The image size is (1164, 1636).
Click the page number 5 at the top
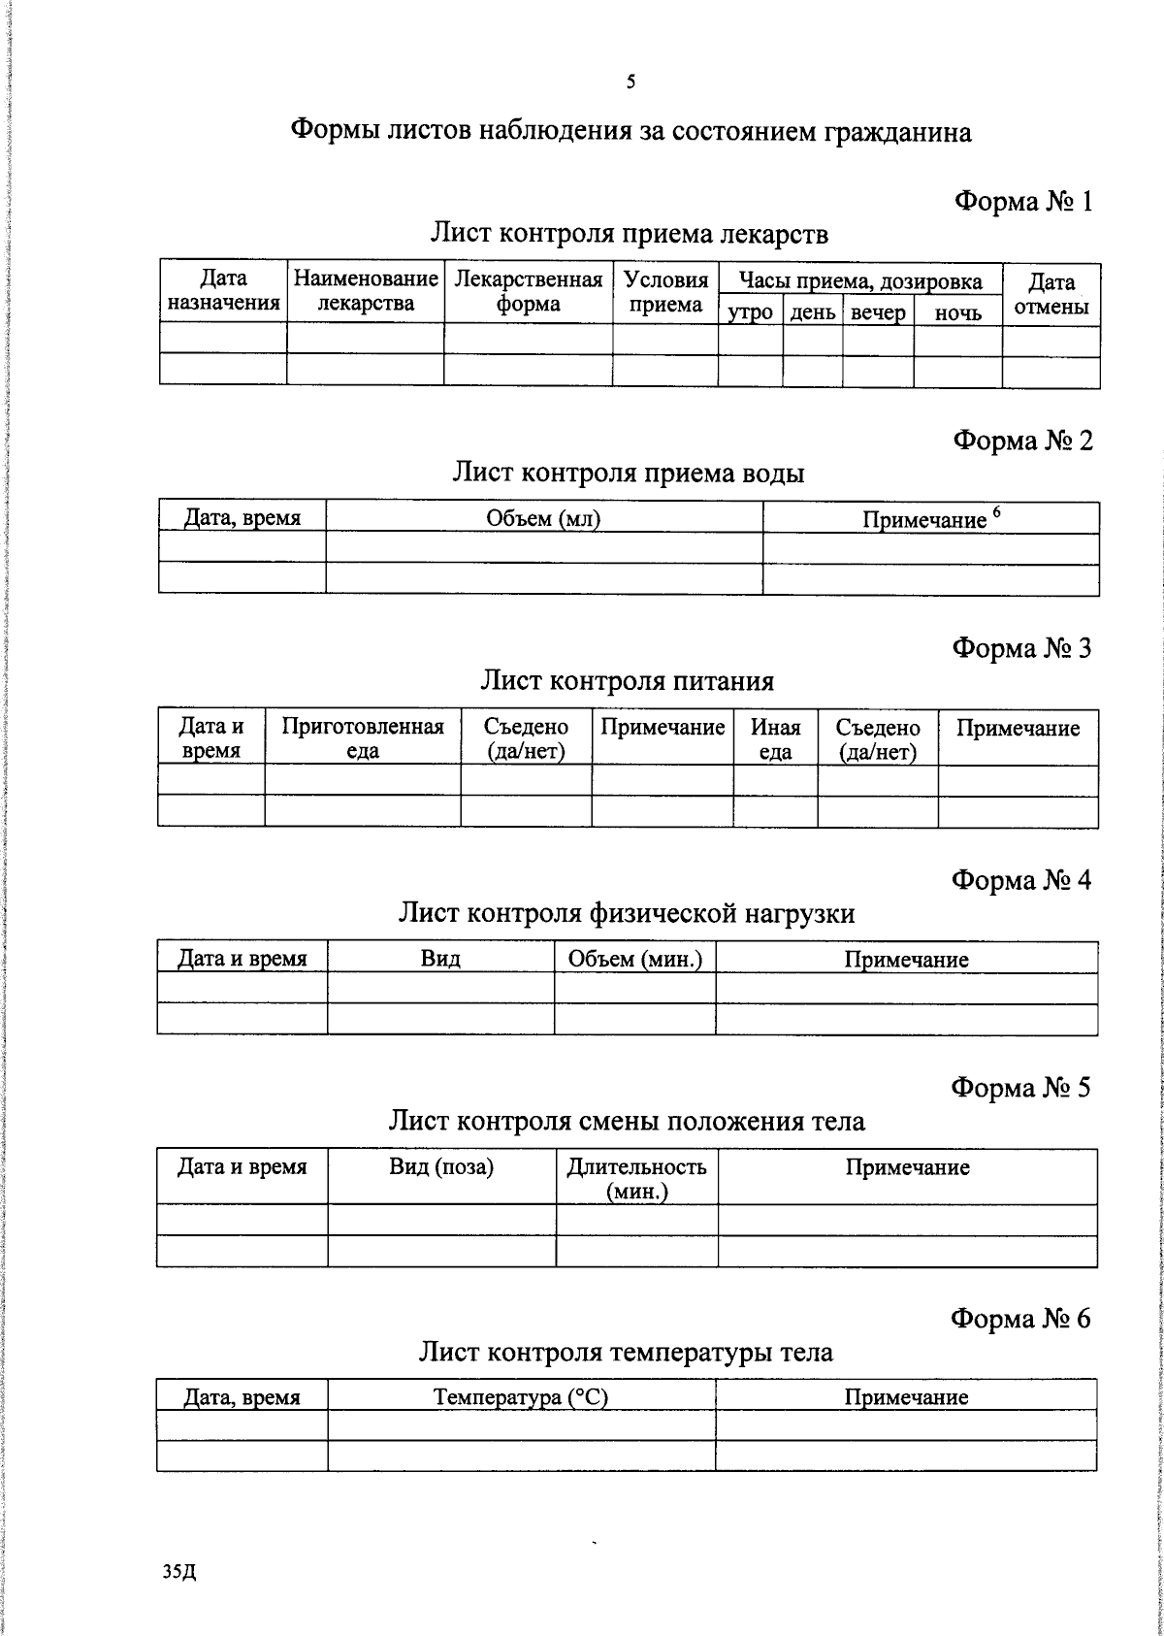click(x=630, y=82)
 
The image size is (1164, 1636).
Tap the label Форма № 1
click(x=1023, y=202)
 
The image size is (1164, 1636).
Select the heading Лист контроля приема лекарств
click(x=630, y=234)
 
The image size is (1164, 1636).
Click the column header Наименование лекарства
click(x=366, y=291)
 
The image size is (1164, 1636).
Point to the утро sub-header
click(x=750, y=312)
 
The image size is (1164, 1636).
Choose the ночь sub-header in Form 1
click(x=957, y=312)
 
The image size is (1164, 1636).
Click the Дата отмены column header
click(x=1051, y=294)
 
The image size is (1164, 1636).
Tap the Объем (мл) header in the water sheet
click(x=543, y=518)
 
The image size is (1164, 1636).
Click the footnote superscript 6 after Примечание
click(x=995, y=512)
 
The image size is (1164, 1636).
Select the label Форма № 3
click(x=1021, y=648)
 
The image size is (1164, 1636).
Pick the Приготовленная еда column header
click(x=362, y=739)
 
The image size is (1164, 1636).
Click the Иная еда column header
click(x=775, y=739)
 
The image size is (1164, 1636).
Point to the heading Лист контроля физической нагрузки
click(x=627, y=913)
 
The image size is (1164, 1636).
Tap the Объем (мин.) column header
click(x=634, y=959)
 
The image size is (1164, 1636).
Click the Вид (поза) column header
click(x=441, y=1167)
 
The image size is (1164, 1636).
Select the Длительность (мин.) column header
click(x=636, y=1178)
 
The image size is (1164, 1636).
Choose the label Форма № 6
click(x=1020, y=1319)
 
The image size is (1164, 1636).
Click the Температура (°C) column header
click(x=521, y=1397)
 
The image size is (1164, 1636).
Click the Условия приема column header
click(x=665, y=292)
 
